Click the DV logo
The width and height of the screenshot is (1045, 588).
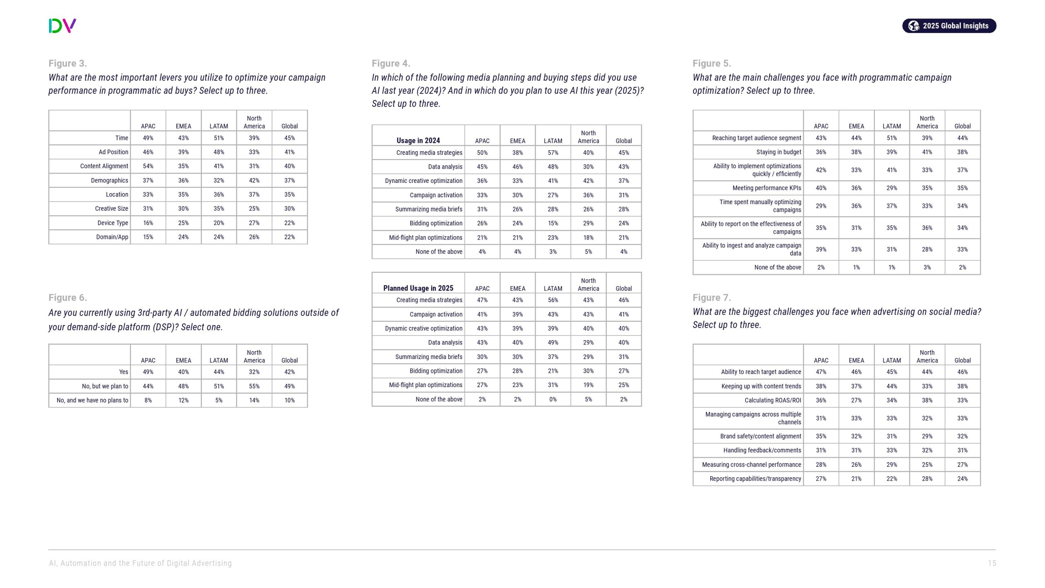(x=62, y=26)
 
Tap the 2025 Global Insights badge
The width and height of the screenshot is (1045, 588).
(x=949, y=26)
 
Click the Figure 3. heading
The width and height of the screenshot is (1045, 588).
(x=68, y=63)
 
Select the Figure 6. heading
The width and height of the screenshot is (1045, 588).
(x=68, y=298)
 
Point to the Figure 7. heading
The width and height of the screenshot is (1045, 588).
(x=711, y=298)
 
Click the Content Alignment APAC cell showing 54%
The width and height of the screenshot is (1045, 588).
(x=148, y=166)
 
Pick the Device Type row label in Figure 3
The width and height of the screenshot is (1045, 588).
(x=113, y=223)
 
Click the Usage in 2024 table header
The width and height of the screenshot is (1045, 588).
(x=418, y=140)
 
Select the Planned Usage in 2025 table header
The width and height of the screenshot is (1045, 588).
(x=418, y=288)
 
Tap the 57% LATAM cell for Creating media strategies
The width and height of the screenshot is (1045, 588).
(x=553, y=153)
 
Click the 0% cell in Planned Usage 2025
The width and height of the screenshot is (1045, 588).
(x=553, y=399)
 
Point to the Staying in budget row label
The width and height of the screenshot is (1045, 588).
(x=778, y=152)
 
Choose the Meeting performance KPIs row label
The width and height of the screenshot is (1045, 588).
(x=767, y=188)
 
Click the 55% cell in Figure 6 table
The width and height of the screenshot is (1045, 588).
(x=254, y=386)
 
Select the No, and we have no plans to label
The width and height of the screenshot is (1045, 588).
(x=92, y=401)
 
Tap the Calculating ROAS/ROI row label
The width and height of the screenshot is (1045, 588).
(x=773, y=401)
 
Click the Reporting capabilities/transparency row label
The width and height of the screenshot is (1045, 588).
(x=755, y=479)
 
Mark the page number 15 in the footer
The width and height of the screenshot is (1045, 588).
(x=992, y=563)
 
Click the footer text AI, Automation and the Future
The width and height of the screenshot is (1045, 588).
(x=140, y=563)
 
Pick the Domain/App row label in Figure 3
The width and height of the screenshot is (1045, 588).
(x=112, y=237)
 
